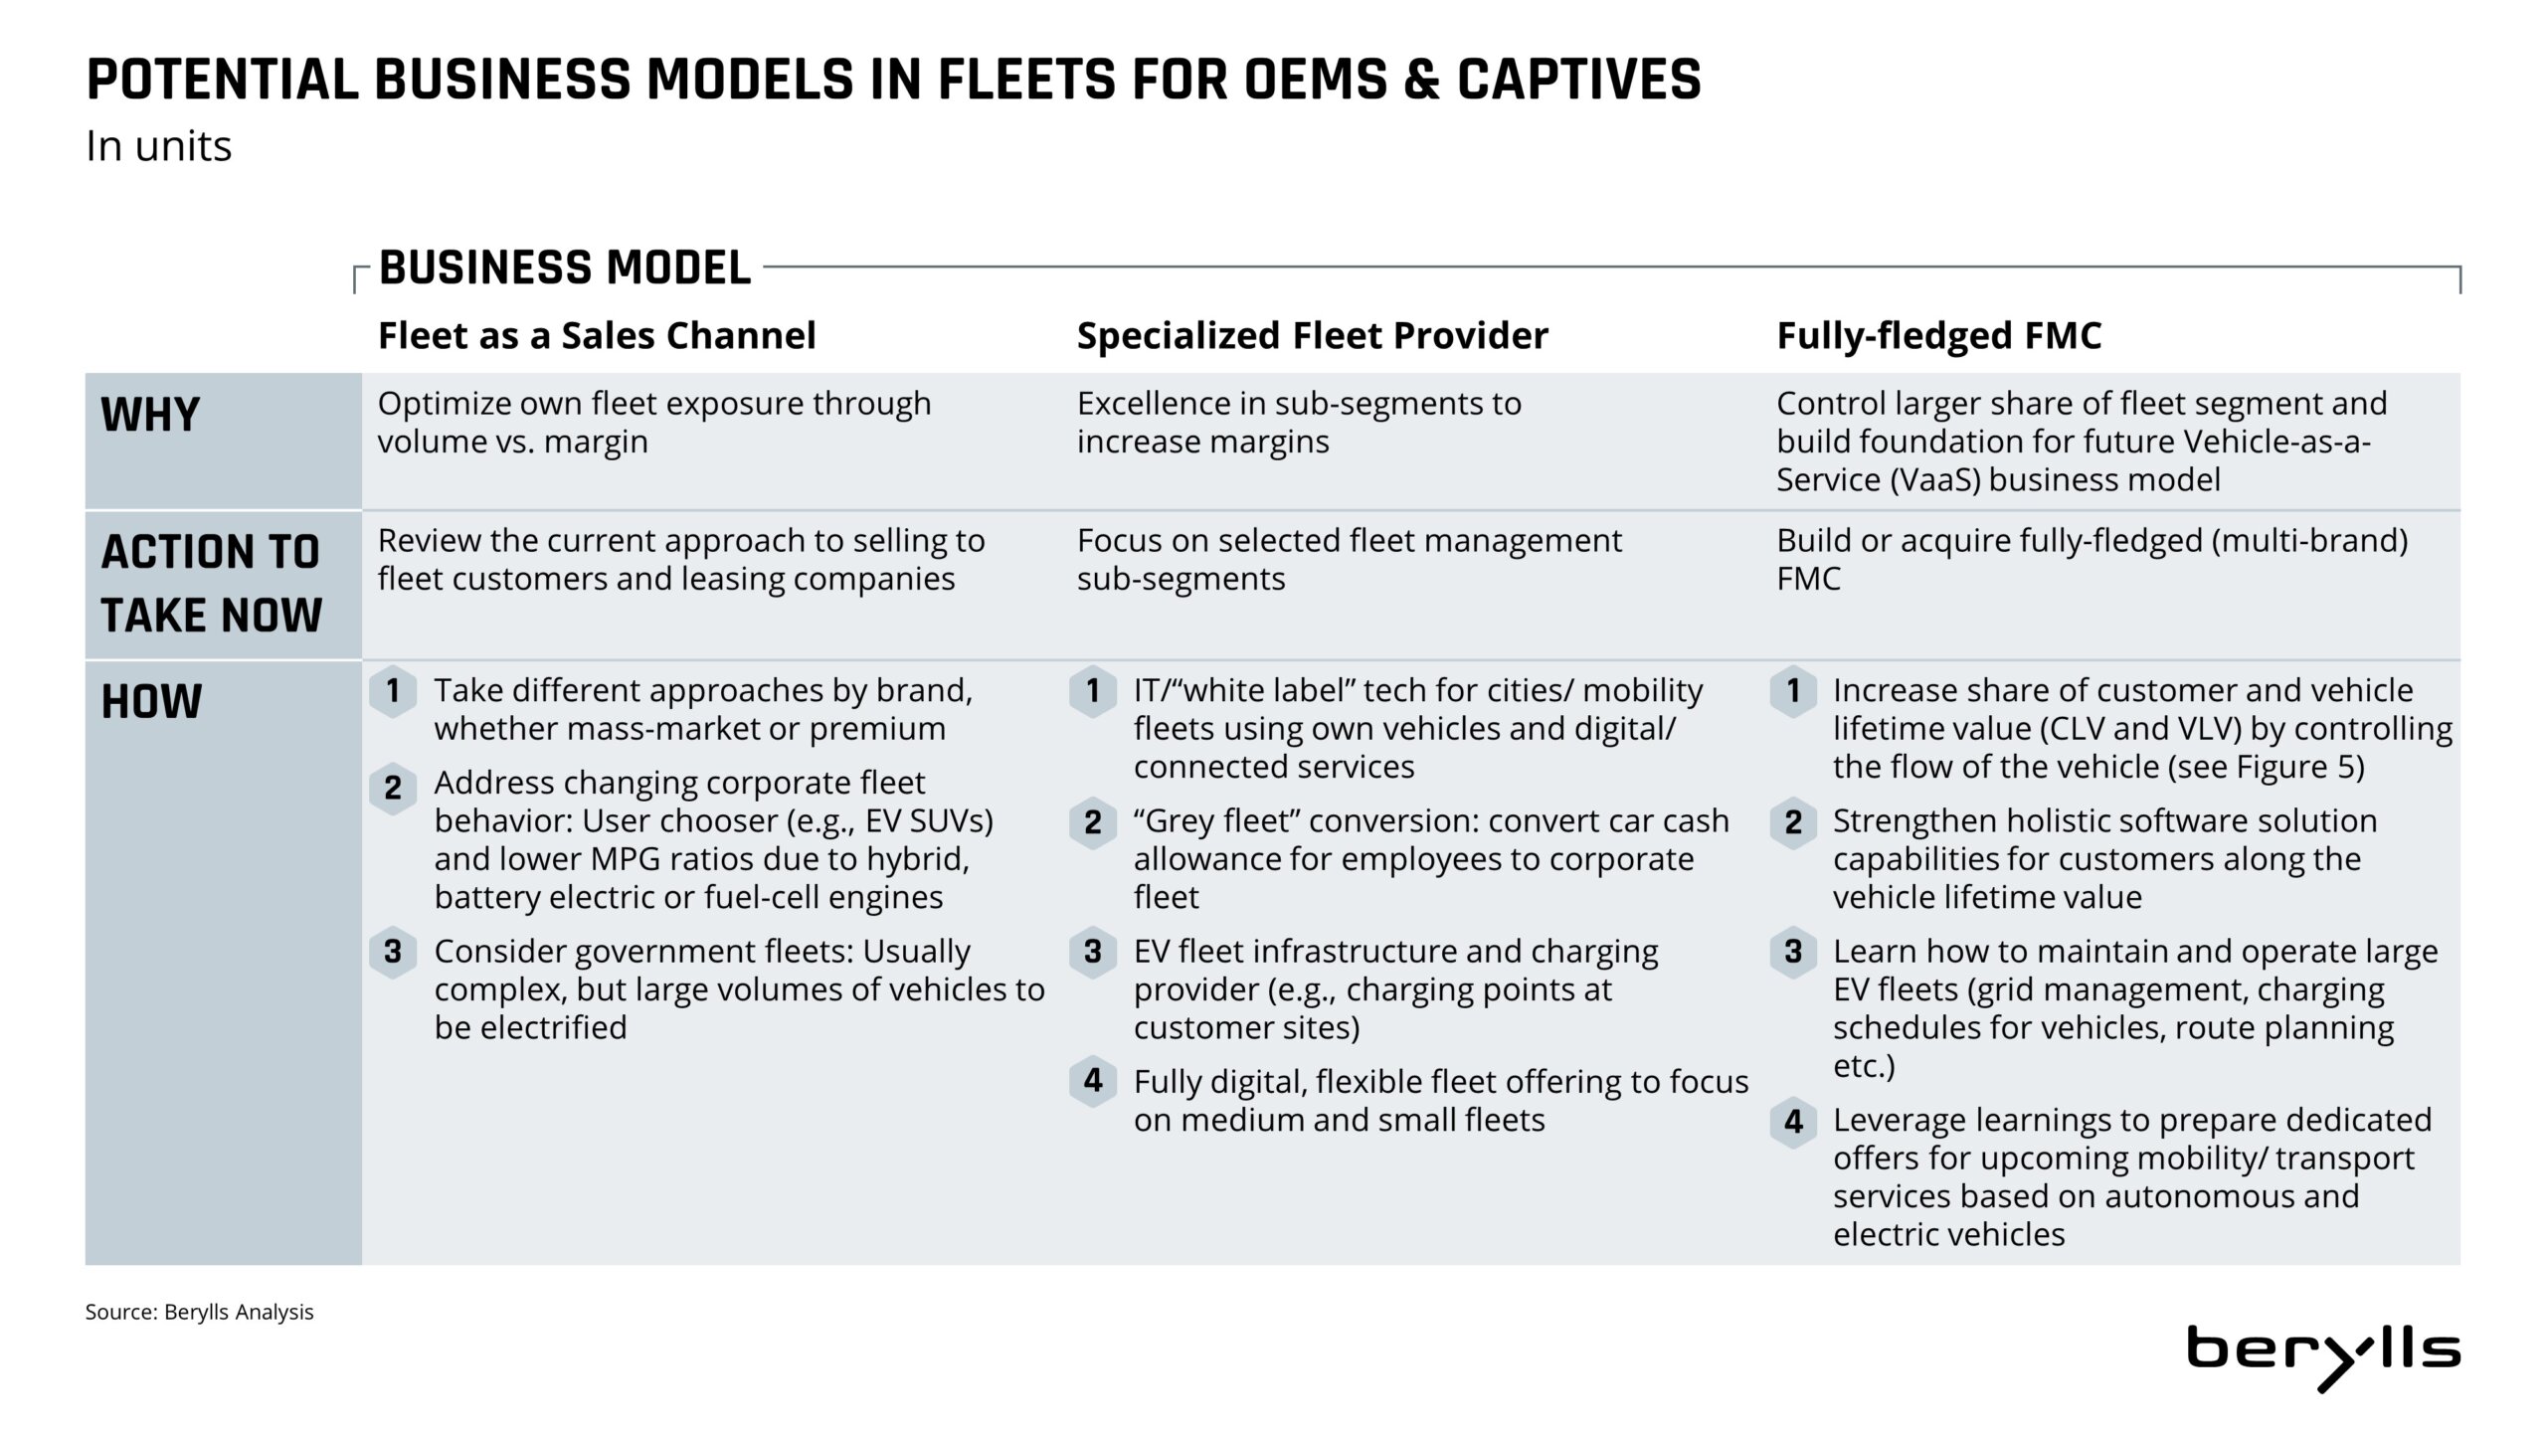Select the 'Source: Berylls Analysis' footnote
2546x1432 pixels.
coord(199,1312)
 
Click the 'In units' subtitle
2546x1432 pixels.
coord(158,146)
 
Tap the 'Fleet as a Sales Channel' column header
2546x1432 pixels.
coord(597,336)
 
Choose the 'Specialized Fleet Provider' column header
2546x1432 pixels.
coord(1313,336)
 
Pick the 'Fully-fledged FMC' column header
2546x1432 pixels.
coord(1939,336)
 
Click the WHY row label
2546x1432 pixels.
coord(150,415)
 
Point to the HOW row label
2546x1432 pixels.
coord(151,702)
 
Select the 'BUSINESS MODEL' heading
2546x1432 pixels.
coord(565,268)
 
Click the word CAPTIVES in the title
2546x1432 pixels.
coord(1579,80)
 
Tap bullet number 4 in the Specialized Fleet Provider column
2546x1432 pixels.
coord(1093,1081)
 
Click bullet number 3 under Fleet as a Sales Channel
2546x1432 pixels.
coord(393,952)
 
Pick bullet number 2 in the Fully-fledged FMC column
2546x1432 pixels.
coord(1793,822)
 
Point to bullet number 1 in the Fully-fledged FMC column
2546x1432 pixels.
coord(1793,690)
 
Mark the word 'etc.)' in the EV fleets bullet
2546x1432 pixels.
coord(1864,1066)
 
